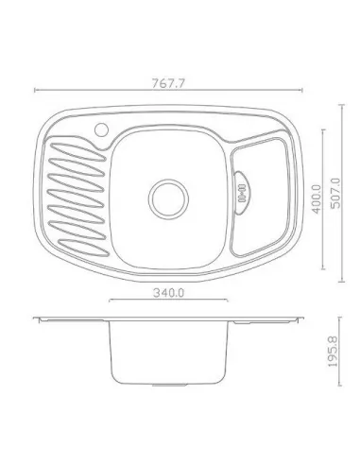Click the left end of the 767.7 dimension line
click(x=35, y=91)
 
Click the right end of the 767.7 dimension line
click(x=313, y=91)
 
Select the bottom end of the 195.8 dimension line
click(x=338, y=387)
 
